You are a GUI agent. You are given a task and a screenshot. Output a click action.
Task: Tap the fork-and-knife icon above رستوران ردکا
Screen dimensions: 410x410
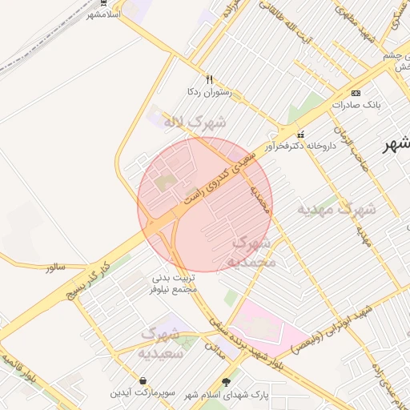(209, 80)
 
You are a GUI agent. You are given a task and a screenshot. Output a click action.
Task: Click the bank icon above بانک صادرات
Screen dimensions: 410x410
(356, 92)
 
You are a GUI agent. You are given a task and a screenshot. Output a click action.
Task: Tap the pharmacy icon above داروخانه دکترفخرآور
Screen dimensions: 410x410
(301, 134)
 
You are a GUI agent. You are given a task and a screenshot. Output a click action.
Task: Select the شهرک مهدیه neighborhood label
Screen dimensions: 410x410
(336, 210)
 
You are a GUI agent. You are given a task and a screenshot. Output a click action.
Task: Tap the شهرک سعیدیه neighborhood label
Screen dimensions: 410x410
(163, 342)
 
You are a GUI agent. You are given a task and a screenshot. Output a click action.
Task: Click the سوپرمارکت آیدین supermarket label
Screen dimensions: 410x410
(142, 393)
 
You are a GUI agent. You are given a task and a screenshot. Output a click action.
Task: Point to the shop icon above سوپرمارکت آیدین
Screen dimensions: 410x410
(143, 380)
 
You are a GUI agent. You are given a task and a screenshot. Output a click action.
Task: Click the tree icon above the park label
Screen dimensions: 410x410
(225, 381)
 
